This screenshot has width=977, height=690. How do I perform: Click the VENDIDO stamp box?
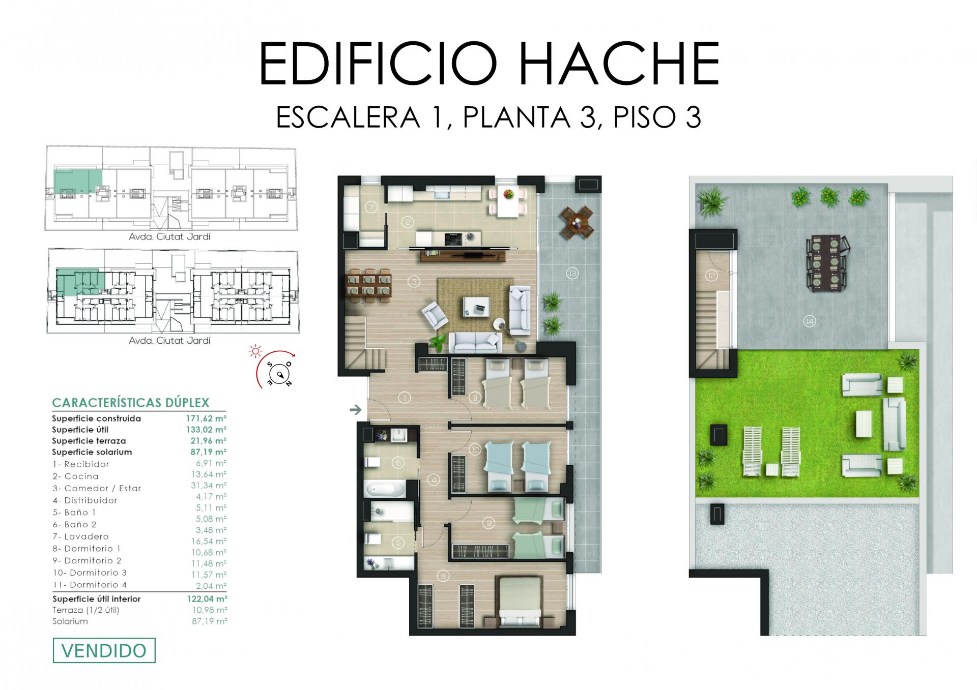click(104, 650)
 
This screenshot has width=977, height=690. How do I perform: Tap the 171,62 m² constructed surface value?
click(206, 418)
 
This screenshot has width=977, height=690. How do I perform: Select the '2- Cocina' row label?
click(75, 476)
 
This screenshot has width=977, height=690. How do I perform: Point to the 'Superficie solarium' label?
click(92, 452)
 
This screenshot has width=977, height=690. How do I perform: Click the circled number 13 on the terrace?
click(572, 274)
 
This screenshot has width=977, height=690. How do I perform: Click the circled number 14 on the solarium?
click(809, 321)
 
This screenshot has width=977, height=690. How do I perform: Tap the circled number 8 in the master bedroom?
click(443, 576)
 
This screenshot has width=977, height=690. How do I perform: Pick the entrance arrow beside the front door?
click(356, 409)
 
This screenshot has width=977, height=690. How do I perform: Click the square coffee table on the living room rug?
click(477, 306)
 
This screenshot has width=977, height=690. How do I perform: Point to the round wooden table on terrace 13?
click(577, 222)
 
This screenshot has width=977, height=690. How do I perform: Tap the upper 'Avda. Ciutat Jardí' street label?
click(170, 236)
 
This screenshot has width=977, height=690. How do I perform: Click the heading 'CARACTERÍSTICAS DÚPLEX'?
click(131, 403)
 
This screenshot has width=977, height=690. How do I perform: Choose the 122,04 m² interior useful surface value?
click(207, 599)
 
